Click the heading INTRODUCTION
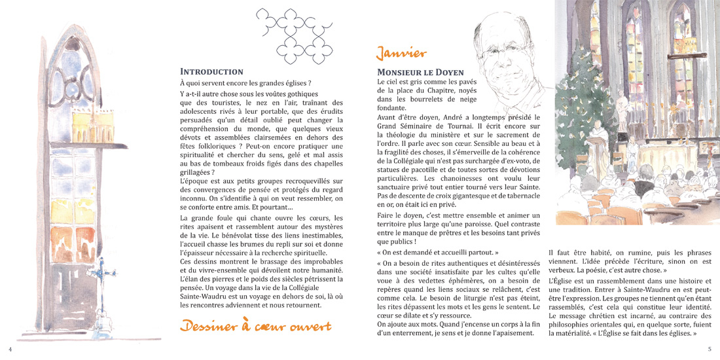(211, 71)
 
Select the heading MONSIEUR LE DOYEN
(420, 72)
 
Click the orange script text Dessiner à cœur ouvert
(255, 326)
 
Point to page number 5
(710, 349)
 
